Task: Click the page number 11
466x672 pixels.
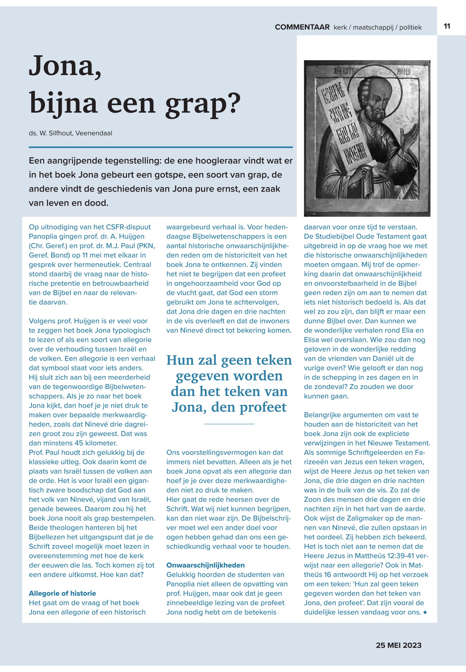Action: point(447,26)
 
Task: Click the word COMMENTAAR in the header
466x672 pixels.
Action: point(302,27)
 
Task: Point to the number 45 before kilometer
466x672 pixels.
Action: point(79,443)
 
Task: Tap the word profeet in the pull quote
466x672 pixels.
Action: point(263,407)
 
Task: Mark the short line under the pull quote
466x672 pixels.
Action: point(229,423)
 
